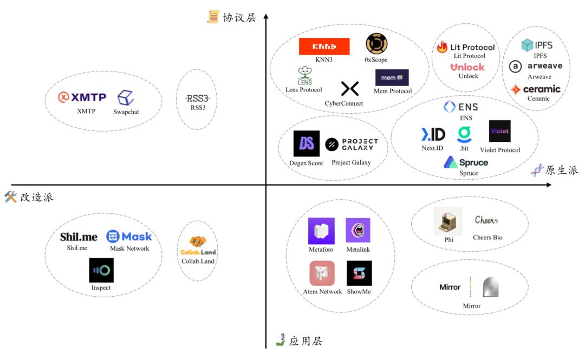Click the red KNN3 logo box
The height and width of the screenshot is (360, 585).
click(x=324, y=46)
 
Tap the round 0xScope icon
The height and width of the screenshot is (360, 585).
click(x=376, y=44)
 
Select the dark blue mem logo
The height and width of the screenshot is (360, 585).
click(x=392, y=77)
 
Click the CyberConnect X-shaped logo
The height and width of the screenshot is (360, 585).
click(x=350, y=88)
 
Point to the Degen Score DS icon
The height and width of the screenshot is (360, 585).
click(x=306, y=143)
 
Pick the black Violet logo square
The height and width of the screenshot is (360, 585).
click(x=499, y=131)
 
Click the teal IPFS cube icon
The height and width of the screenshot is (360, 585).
click(x=527, y=45)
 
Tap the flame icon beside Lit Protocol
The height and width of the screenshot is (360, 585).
click(x=442, y=47)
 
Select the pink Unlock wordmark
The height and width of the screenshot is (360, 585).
click(x=467, y=67)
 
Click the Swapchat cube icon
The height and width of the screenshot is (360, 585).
click(x=126, y=98)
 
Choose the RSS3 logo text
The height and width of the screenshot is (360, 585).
click(x=198, y=99)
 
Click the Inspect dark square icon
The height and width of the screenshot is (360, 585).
click(x=101, y=270)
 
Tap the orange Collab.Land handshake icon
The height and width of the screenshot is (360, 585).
click(x=198, y=242)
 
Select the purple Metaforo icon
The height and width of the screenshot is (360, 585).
click(x=321, y=231)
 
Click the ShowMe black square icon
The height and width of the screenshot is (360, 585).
click(x=359, y=273)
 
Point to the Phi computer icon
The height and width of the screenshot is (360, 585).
click(x=448, y=221)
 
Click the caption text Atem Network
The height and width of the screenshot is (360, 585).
click(x=322, y=292)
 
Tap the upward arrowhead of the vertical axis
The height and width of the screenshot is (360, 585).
click(x=266, y=16)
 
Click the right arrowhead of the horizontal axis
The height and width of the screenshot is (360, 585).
click(x=548, y=185)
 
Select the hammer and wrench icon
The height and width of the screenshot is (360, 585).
click(x=10, y=197)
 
